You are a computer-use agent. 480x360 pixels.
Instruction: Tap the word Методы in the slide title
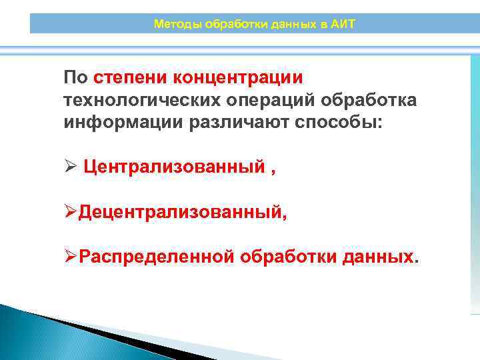point(173,24)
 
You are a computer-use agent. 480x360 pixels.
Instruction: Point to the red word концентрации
point(238,77)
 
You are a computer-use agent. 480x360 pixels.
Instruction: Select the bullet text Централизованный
point(174,167)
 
